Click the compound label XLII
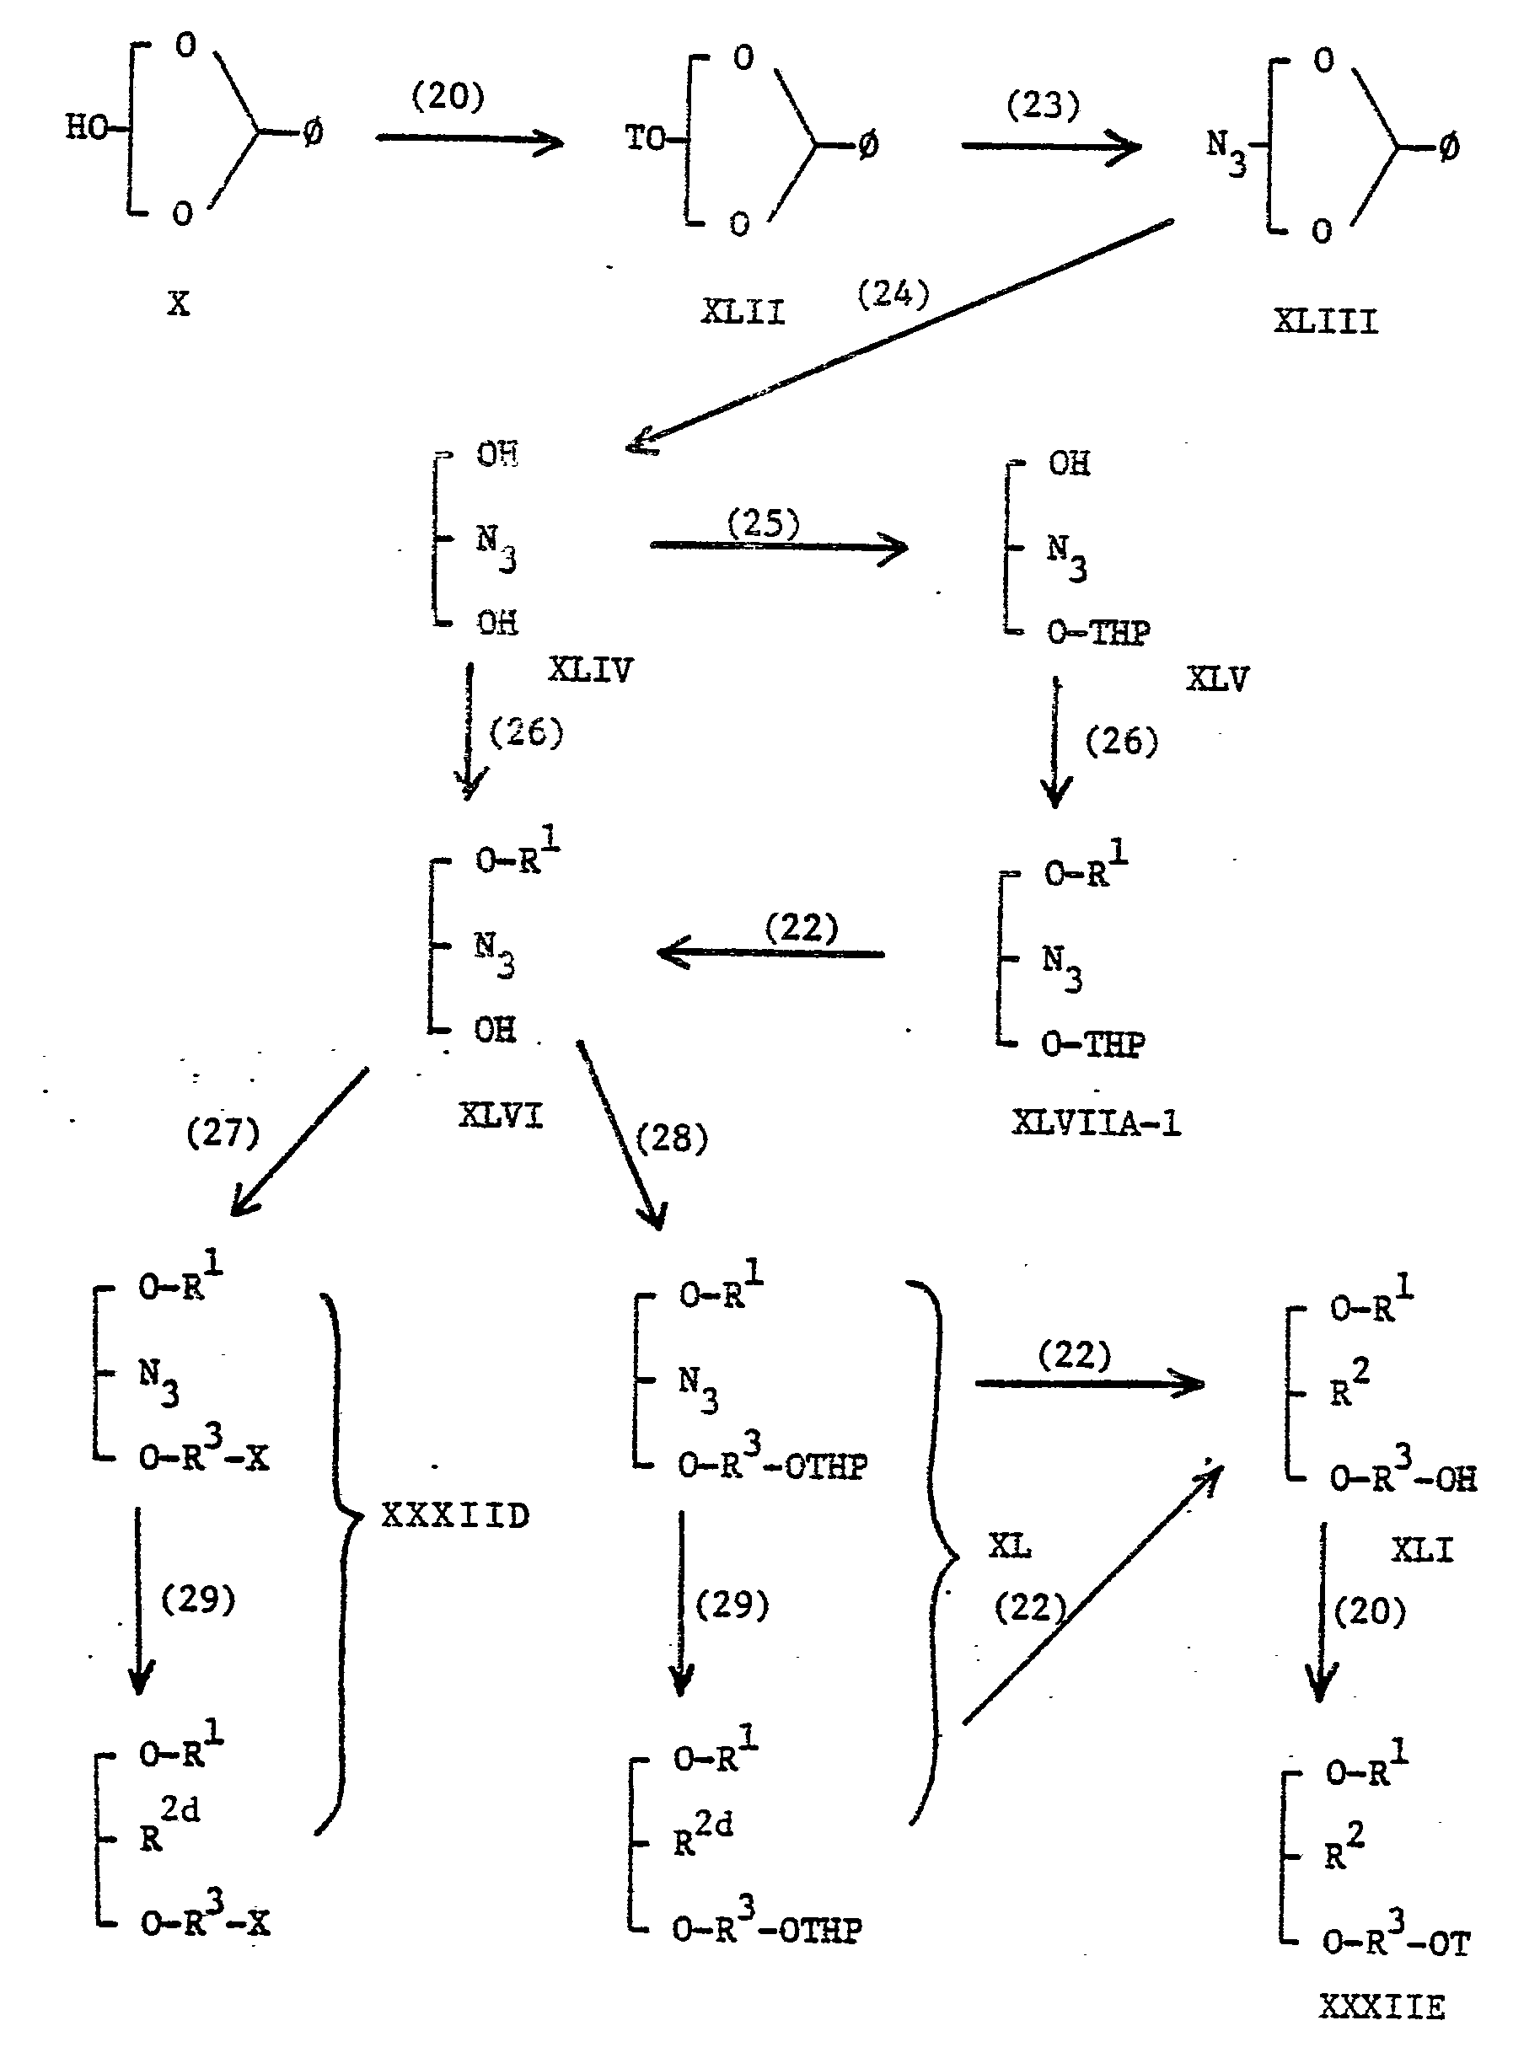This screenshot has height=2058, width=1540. [x=743, y=312]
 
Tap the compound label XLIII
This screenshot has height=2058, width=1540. [x=1325, y=322]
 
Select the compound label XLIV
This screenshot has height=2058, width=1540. [x=590, y=670]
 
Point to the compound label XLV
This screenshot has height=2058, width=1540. [x=1217, y=678]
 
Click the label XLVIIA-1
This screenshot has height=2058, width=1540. [x=1095, y=1123]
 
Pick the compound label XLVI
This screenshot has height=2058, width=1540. [x=501, y=1115]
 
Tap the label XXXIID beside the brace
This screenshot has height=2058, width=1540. [x=455, y=1515]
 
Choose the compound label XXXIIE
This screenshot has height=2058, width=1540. [x=1382, y=2007]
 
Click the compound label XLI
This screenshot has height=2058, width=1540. [x=1422, y=1550]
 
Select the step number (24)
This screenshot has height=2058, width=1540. [x=893, y=294]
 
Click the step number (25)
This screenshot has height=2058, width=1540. [x=763, y=524]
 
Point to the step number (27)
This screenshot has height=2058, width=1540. [x=223, y=1133]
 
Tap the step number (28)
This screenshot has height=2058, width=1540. [x=672, y=1138]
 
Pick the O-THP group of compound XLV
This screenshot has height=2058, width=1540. [x=1098, y=633]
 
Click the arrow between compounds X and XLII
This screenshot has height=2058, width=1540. [x=469, y=140]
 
